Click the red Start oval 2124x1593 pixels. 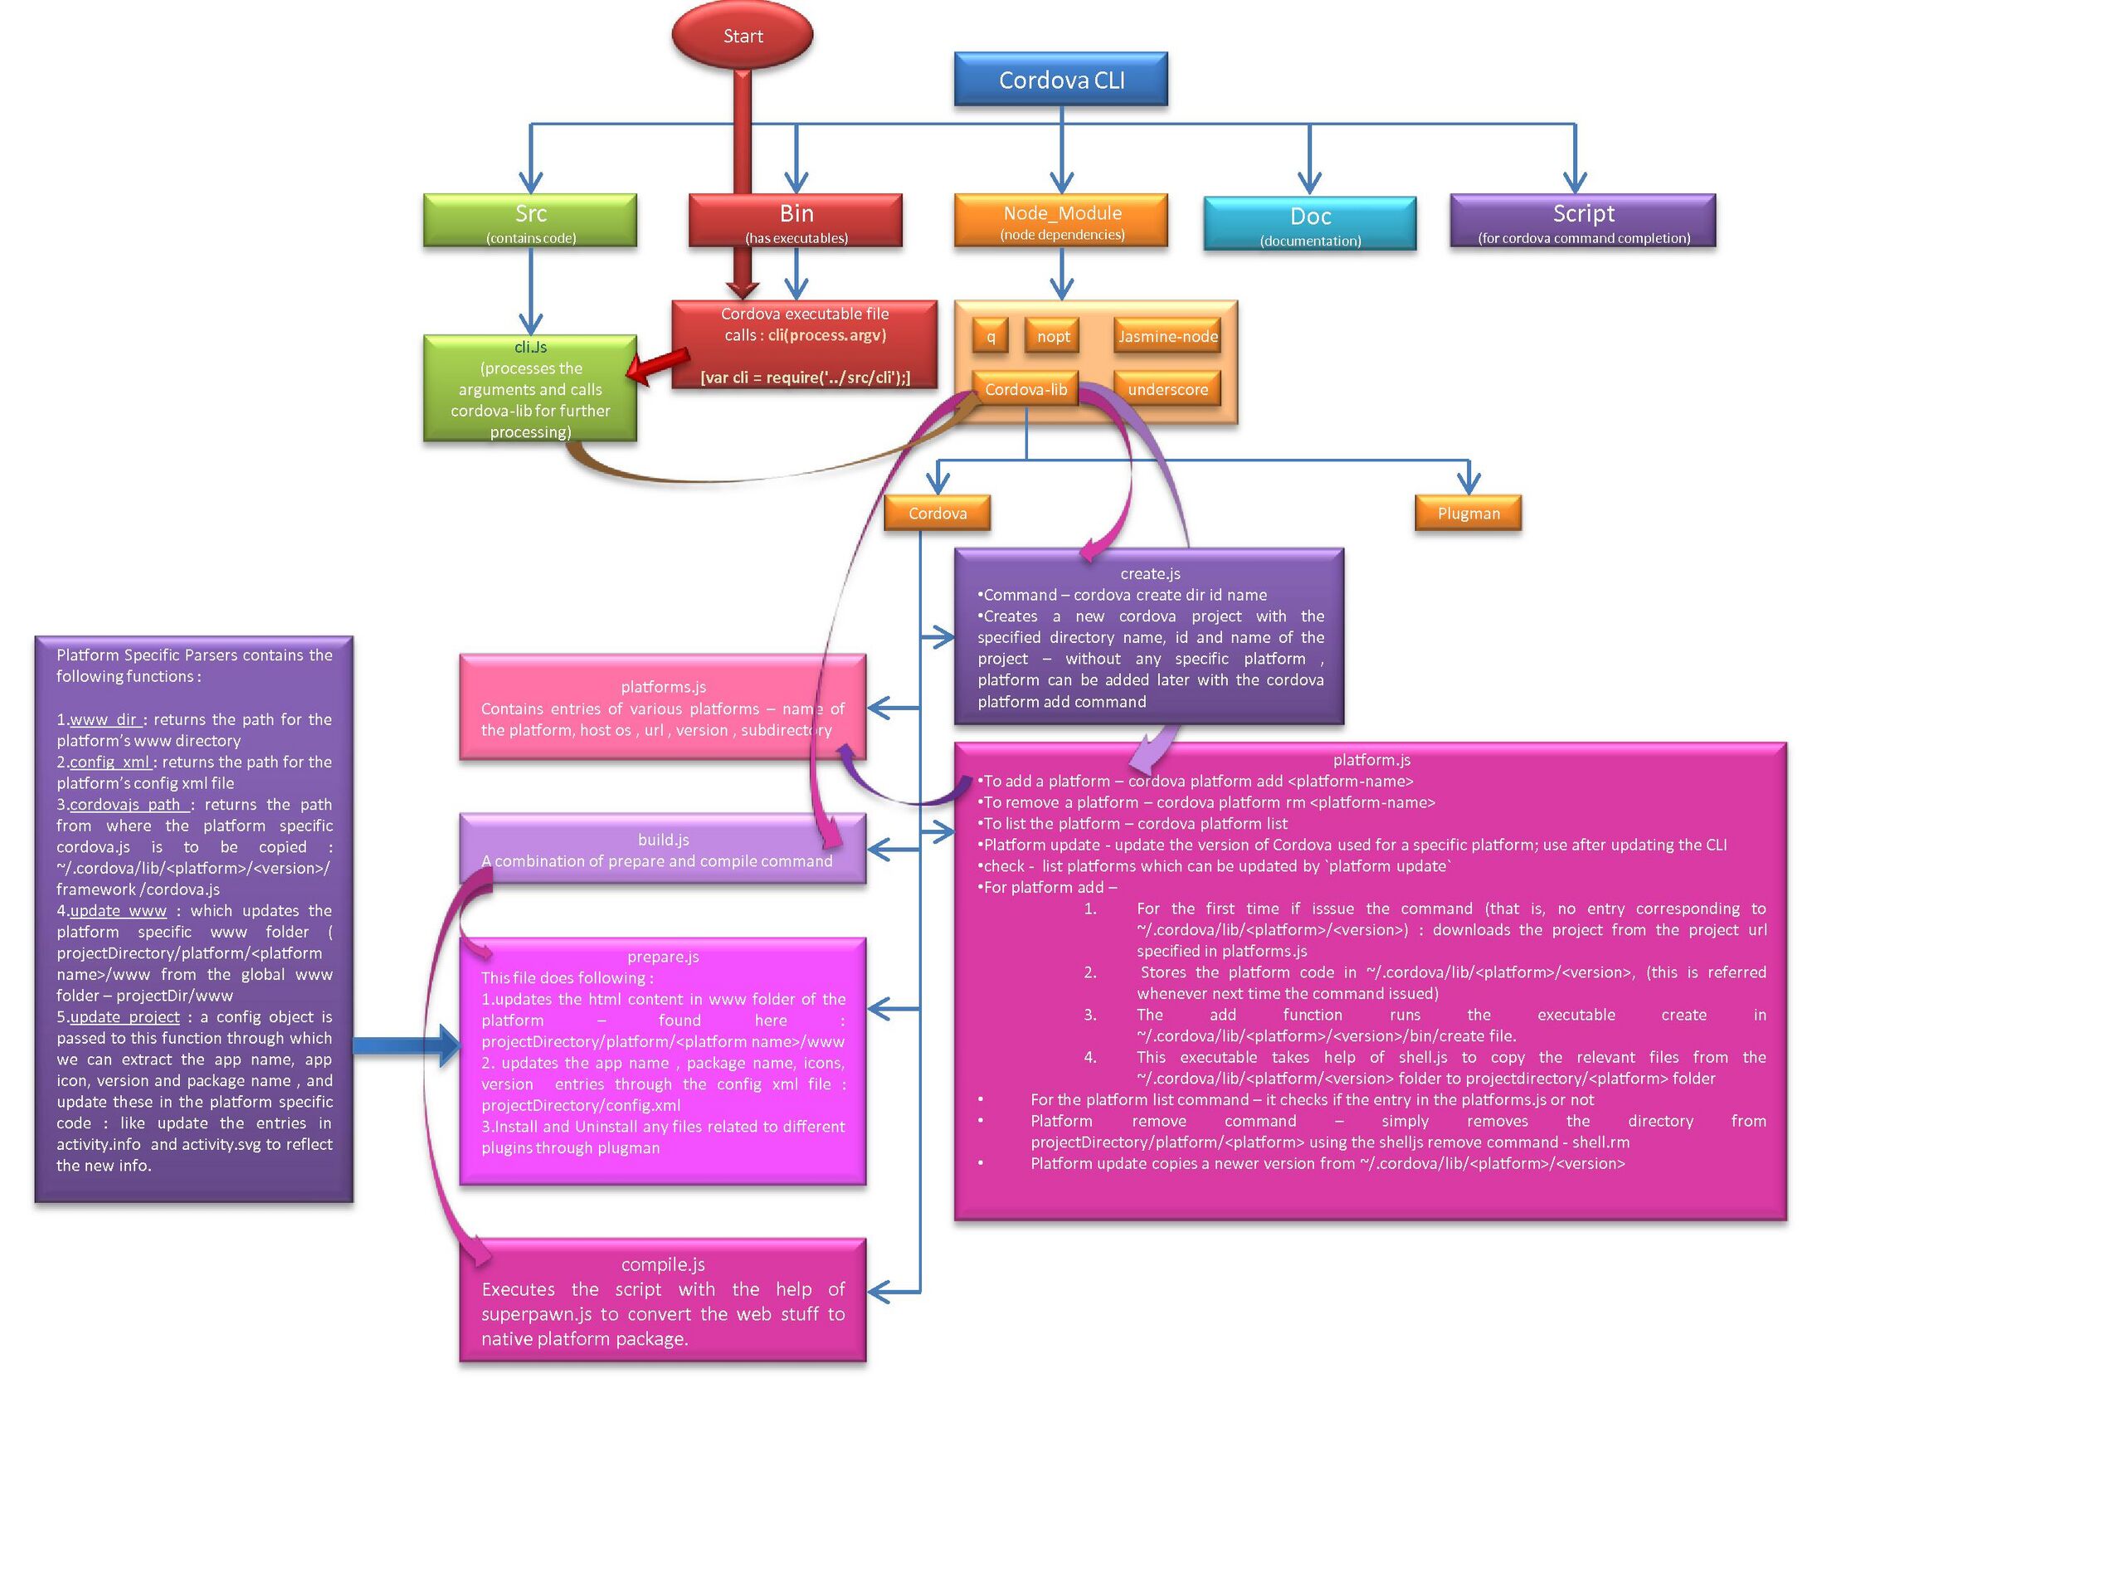pos(743,36)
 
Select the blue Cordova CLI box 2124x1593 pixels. pos(1061,80)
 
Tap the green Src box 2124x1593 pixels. pos(530,221)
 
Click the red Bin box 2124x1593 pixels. pos(796,221)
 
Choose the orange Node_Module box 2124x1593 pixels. pos(1061,221)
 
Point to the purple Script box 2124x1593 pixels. pos(1582,221)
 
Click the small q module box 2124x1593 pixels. pos(991,336)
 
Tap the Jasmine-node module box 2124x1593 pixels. pos(1167,336)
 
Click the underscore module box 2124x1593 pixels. pos(1167,389)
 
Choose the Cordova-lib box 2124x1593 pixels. pos(1025,389)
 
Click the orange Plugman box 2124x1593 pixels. pos(1469,513)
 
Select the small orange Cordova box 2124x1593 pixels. pos(938,513)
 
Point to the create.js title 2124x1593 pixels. pos(1149,573)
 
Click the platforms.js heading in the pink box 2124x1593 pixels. pos(663,686)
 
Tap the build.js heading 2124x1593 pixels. pos(663,840)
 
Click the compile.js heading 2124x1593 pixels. pos(663,1264)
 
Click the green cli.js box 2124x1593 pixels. pos(530,389)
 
